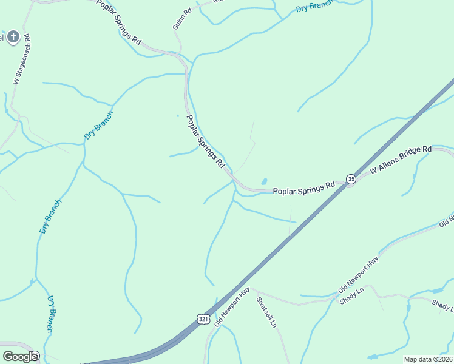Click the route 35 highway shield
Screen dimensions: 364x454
point(351,178)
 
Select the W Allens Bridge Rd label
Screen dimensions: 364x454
point(401,160)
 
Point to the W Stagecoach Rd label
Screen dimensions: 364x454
point(21,59)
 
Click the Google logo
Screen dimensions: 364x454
point(20,356)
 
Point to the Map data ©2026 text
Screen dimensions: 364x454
point(428,359)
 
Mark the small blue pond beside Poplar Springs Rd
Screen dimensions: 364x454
point(264,181)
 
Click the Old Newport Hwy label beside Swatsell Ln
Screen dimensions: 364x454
point(232,307)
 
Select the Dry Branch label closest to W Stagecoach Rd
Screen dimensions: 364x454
point(99,126)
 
